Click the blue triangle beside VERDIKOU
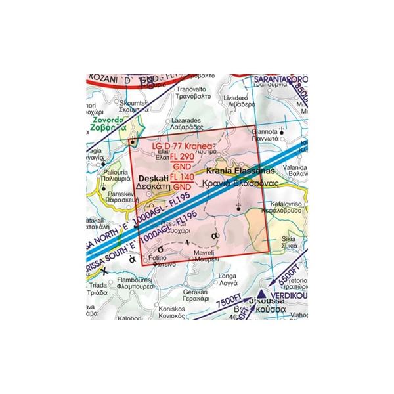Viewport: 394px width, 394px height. tap(261, 296)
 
